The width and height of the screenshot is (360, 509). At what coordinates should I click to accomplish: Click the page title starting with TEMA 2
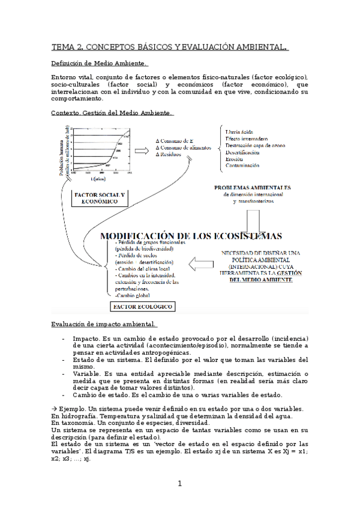point(170,47)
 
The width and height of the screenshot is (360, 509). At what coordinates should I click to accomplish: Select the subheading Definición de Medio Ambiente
point(100,64)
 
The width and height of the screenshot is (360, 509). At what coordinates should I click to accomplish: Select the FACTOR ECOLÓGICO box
point(142,307)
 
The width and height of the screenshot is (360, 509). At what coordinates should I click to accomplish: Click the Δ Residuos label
point(170,154)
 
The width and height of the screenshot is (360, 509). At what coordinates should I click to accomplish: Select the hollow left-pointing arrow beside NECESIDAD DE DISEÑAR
point(202,262)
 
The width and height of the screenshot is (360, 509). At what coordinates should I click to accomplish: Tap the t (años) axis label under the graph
point(100,178)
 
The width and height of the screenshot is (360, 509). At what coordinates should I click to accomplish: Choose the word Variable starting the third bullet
point(86,373)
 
